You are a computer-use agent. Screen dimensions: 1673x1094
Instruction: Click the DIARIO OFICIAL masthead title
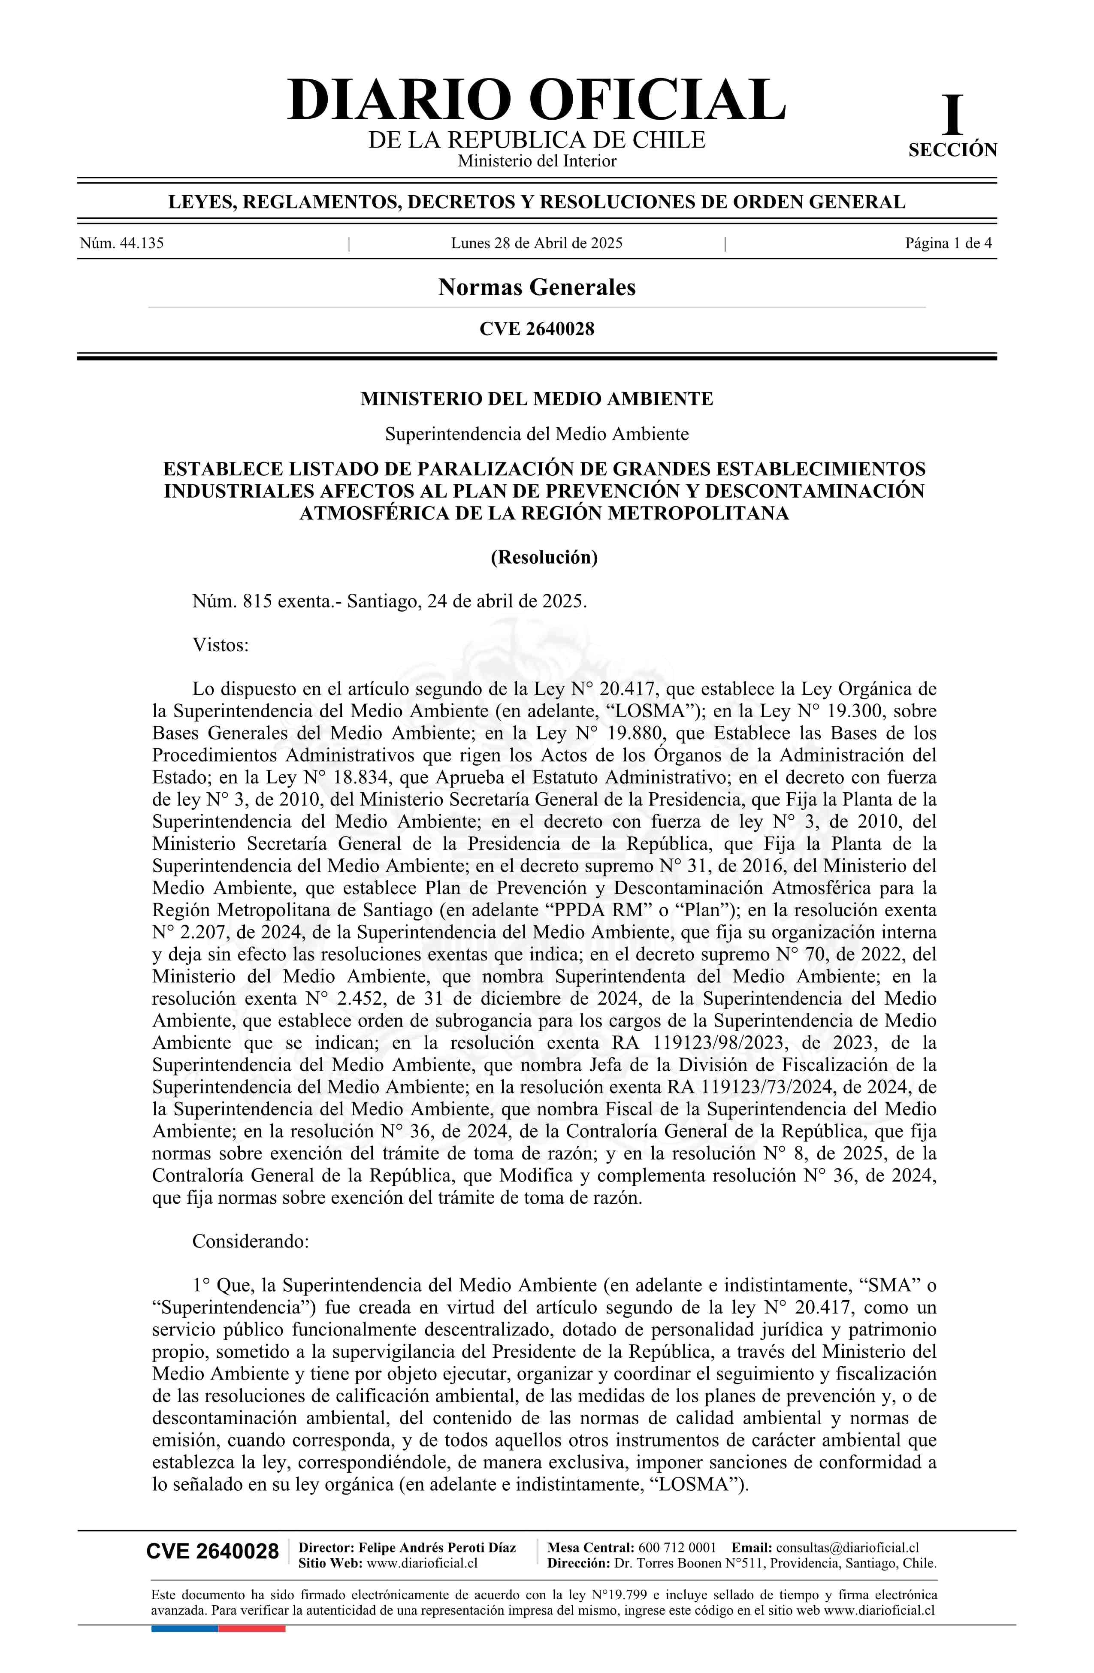tap(536, 100)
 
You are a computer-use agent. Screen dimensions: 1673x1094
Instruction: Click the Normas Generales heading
tap(536, 287)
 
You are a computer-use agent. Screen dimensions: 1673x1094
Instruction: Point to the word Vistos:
tap(220, 645)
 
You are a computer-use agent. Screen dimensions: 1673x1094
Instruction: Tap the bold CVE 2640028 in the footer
tap(212, 1552)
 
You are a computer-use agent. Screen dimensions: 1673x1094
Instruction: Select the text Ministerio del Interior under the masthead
tap(536, 161)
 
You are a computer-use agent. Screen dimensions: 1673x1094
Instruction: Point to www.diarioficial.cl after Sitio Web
tap(422, 1563)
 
